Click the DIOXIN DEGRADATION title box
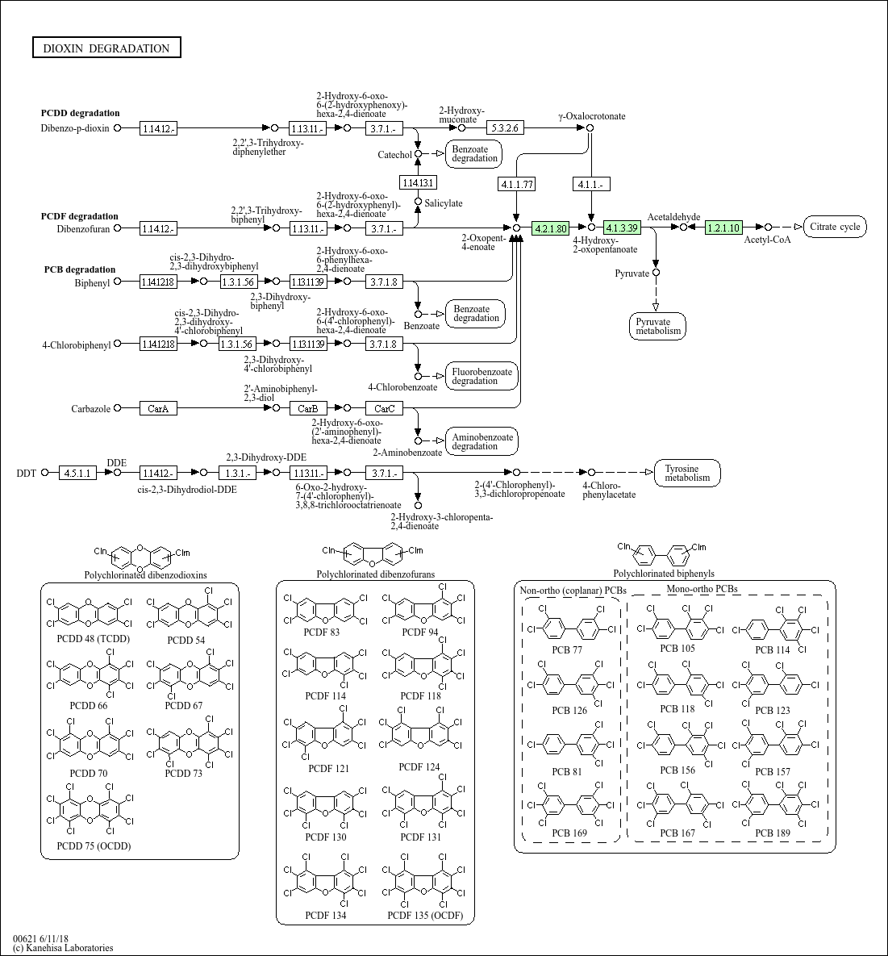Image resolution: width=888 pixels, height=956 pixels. (x=106, y=48)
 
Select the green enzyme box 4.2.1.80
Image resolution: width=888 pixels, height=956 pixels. (x=551, y=228)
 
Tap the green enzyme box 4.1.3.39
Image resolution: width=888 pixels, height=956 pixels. (x=622, y=228)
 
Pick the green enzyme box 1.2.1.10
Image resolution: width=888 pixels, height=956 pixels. (x=723, y=228)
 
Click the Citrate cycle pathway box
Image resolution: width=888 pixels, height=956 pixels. (x=835, y=227)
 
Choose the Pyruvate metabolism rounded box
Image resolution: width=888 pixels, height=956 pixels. (x=657, y=326)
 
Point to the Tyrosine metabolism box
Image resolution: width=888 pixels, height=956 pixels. (x=687, y=473)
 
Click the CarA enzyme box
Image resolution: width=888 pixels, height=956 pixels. (x=158, y=408)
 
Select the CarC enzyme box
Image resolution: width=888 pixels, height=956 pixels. (x=384, y=408)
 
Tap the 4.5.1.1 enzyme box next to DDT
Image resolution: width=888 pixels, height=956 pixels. (x=78, y=473)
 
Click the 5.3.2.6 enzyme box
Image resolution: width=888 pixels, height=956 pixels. (x=506, y=127)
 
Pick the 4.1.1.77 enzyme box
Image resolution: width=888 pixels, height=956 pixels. (x=517, y=184)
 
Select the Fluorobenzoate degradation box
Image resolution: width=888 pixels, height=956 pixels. (x=482, y=376)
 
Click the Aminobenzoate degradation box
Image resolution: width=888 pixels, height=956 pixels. (x=482, y=441)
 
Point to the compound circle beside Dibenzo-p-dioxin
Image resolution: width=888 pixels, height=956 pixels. (x=118, y=127)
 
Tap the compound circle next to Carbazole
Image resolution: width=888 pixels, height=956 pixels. (x=118, y=408)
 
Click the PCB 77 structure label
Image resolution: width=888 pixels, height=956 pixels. (x=566, y=649)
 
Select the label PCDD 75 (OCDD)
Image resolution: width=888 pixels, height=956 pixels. (x=94, y=845)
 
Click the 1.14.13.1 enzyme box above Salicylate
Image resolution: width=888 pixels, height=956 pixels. (x=418, y=182)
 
